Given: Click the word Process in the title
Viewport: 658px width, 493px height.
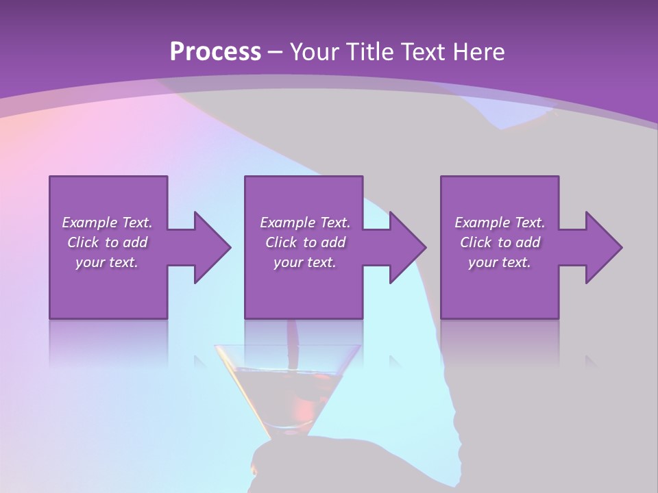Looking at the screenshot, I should [x=215, y=52].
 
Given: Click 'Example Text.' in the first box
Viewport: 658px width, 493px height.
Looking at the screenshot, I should [x=107, y=223].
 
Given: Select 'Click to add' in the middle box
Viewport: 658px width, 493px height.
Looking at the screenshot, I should [x=305, y=242].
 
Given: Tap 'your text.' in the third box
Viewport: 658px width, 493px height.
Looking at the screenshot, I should [x=500, y=262].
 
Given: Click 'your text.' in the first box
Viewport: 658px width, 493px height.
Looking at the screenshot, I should [x=107, y=262].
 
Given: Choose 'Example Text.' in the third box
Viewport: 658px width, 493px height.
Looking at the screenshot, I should [x=500, y=223].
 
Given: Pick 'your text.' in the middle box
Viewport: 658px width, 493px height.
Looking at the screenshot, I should [x=305, y=262].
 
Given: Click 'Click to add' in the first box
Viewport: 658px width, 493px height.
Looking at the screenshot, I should [x=107, y=242].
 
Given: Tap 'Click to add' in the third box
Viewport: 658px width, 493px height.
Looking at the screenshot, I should [x=500, y=242].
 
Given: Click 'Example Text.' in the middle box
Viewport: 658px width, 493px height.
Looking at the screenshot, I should [x=305, y=223].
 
